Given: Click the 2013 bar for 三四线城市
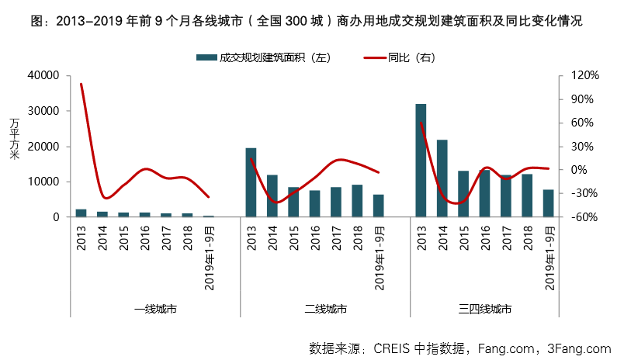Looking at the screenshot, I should tap(421, 161).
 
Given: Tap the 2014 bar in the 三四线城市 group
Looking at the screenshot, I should tap(442, 178).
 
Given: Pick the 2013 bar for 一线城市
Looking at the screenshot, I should tap(81, 213).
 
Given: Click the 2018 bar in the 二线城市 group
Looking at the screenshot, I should tap(357, 201).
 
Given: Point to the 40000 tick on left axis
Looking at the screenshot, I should tap(44, 75).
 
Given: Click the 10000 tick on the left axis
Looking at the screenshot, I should tap(44, 182).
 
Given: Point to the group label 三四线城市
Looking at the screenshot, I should tap(484, 309).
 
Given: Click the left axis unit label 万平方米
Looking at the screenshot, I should tap(14, 140).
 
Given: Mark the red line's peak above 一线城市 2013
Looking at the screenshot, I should tap(81, 84).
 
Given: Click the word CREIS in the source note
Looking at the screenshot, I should tap(393, 348).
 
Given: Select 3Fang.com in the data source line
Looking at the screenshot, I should tap(579, 348).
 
